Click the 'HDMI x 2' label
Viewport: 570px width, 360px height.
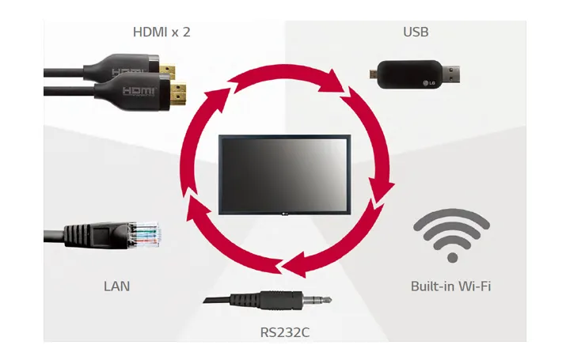click(x=161, y=32)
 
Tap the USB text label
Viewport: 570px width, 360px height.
click(x=416, y=32)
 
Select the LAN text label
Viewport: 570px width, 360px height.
click(x=116, y=286)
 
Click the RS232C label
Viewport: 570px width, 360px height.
click(x=284, y=331)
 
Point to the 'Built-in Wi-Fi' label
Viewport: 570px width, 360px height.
click(x=450, y=286)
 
